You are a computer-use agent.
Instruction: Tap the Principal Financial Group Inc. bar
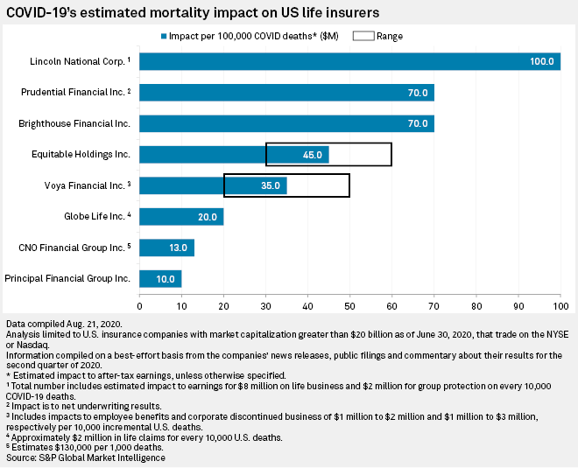[x=160, y=279]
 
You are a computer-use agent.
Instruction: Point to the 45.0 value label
[x=312, y=155]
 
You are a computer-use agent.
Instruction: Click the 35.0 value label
[x=270, y=186]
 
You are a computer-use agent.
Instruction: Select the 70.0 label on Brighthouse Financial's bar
[x=416, y=124]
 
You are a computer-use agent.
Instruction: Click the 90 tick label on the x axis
[x=518, y=306]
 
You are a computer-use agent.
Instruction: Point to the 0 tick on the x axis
[x=140, y=306]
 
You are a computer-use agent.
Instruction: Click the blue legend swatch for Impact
[x=164, y=37]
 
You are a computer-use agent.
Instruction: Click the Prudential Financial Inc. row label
[x=74, y=93]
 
